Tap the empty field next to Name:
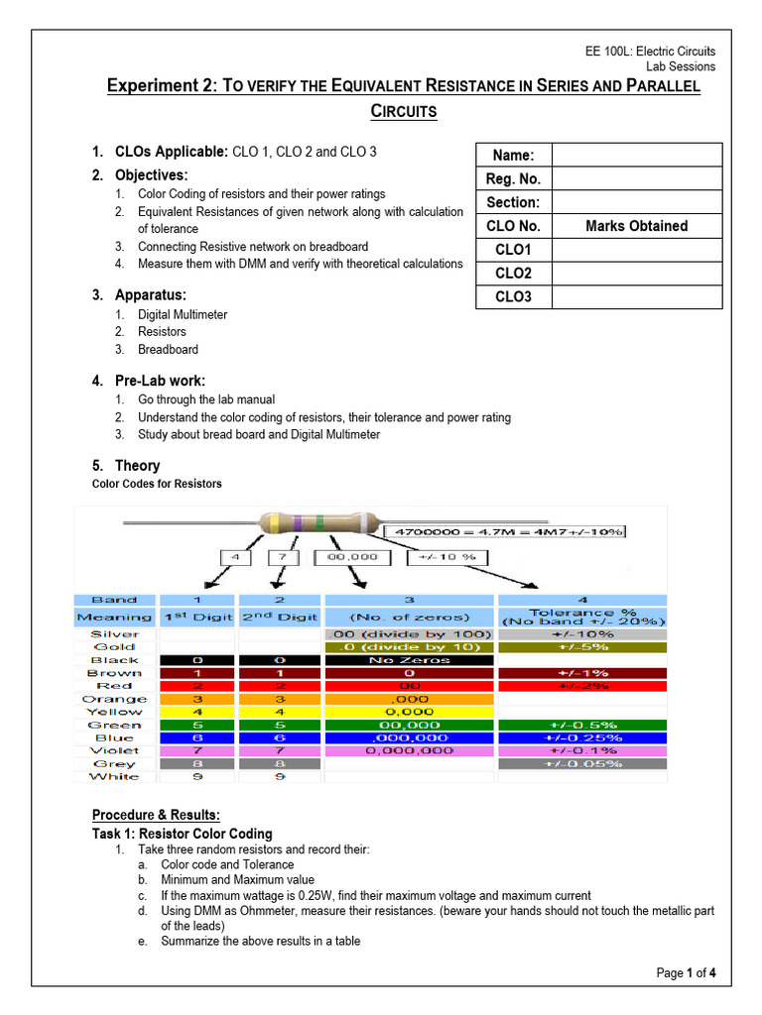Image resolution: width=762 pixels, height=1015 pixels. (636, 155)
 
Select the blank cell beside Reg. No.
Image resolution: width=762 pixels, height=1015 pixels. (636, 178)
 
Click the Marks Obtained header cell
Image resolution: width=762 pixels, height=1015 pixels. (636, 226)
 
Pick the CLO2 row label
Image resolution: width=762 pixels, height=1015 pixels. (513, 274)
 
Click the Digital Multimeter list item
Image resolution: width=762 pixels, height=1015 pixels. (183, 314)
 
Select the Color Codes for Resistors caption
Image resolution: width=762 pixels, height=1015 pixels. (157, 484)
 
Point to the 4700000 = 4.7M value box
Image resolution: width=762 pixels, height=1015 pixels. (508, 532)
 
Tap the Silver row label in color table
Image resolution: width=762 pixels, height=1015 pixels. (115, 633)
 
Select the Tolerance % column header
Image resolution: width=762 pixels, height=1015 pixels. (582, 615)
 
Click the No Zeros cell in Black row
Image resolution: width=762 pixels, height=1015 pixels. (409, 660)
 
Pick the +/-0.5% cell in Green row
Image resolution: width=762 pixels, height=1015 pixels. (582, 725)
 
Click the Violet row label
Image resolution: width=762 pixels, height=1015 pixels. (115, 751)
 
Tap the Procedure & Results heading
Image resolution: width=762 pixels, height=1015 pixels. (163, 815)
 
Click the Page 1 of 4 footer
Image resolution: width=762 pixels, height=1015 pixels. (686, 973)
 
